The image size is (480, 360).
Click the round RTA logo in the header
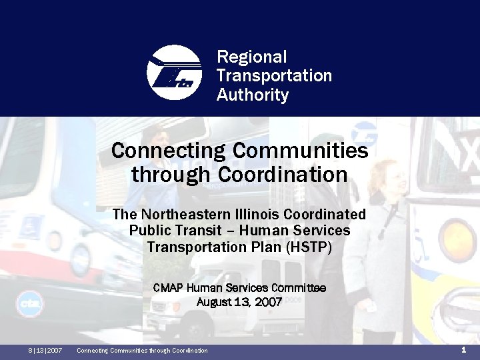pos(173,73)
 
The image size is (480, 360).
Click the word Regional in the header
pos(251,57)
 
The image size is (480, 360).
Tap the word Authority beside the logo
pos(253,95)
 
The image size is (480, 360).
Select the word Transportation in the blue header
pos(274,76)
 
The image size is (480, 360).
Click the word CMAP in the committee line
pos(169,288)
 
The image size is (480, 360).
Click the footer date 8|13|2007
pos(45,351)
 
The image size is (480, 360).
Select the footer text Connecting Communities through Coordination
pos(142,351)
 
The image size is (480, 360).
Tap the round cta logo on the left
pos(29,304)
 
